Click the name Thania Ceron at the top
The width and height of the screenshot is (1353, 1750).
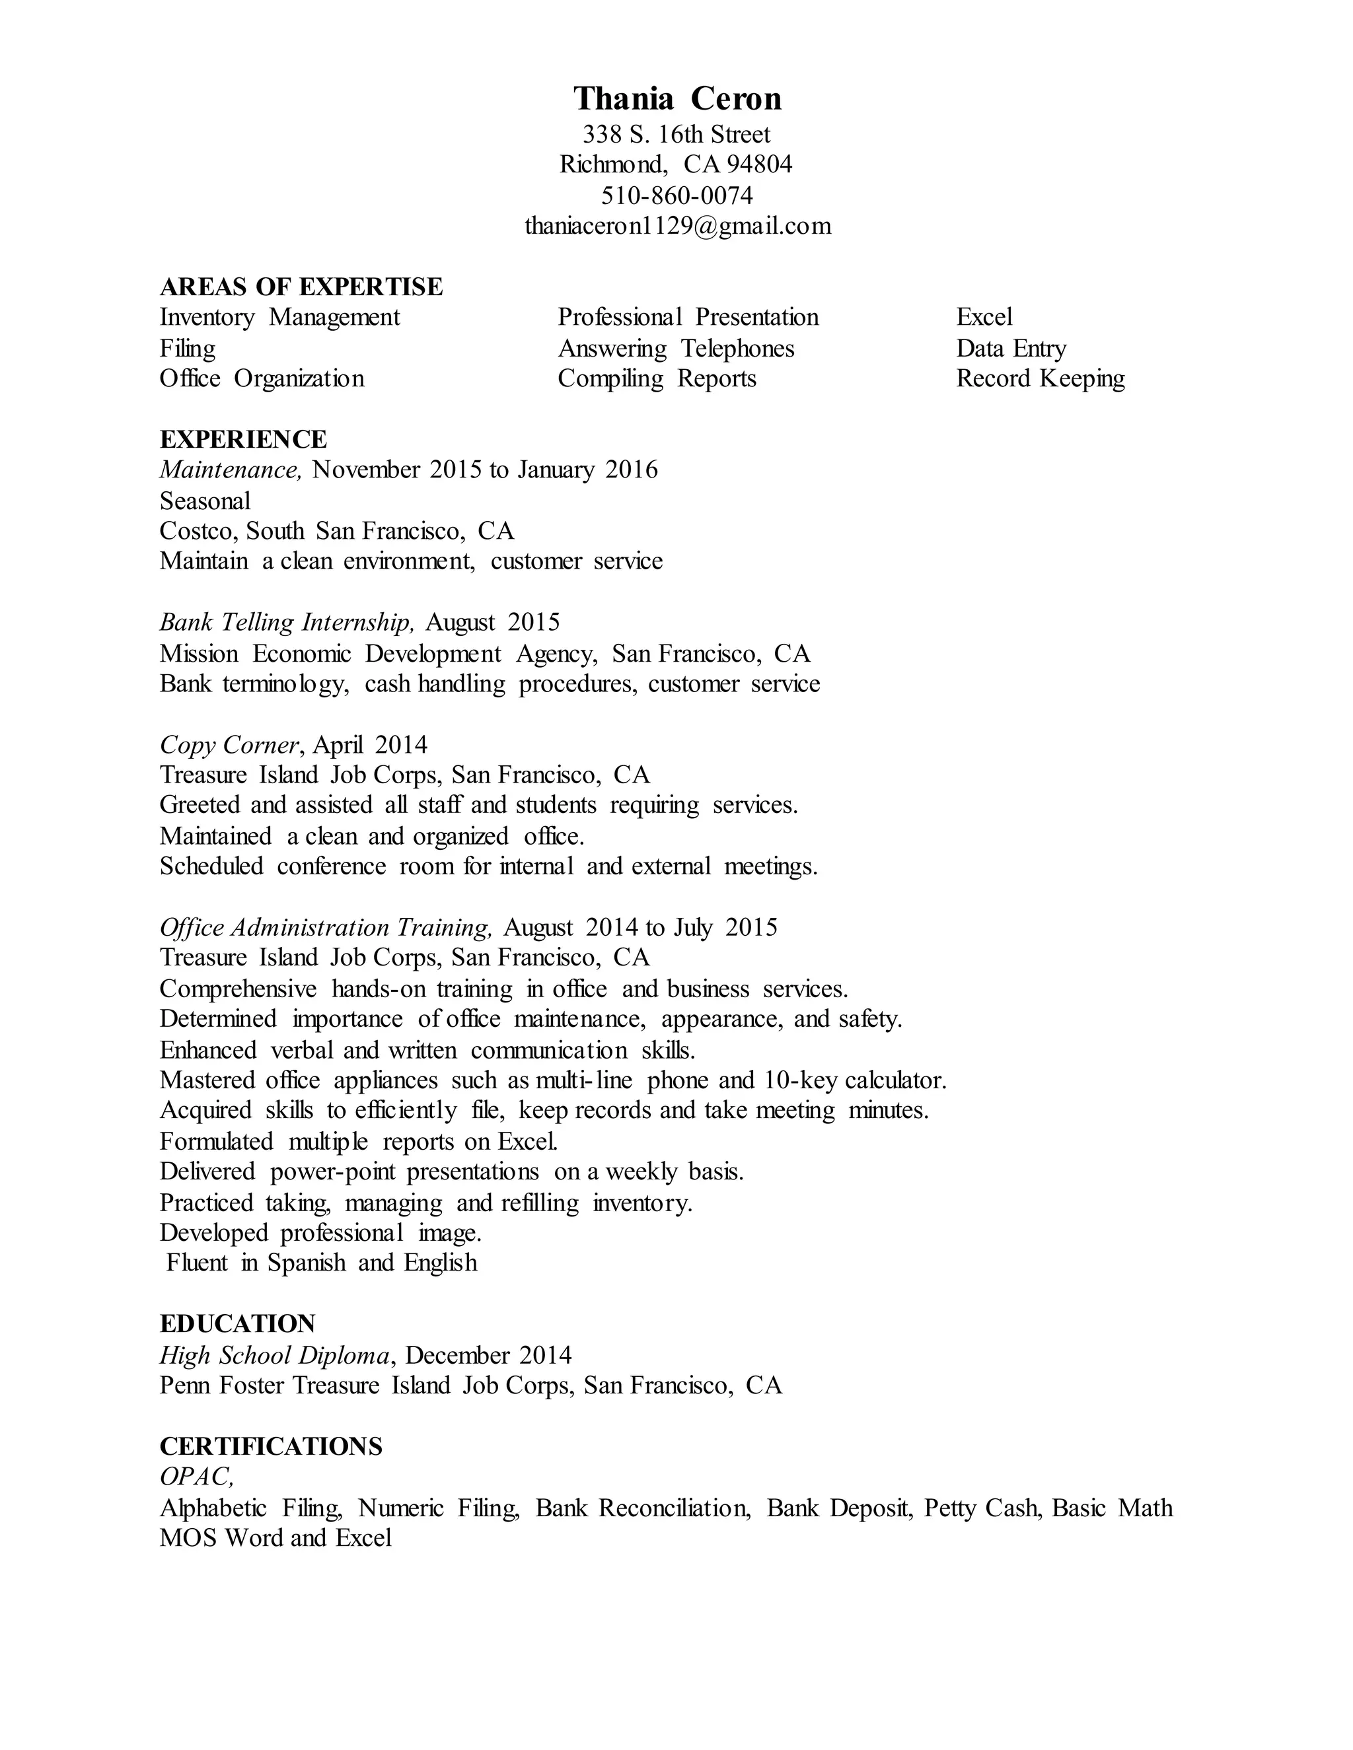pyautogui.click(x=677, y=98)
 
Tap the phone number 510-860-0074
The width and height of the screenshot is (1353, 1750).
pyautogui.click(x=676, y=195)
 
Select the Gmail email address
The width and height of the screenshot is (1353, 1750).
pyautogui.click(x=677, y=226)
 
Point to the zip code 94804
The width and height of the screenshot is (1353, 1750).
pyautogui.click(x=759, y=164)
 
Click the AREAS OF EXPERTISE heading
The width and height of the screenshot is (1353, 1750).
pyautogui.click(x=301, y=287)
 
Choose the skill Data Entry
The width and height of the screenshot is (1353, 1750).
pyautogui.click(x=1011, y=349)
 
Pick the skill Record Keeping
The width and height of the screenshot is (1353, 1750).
pyautogui.click(x=1040, y=378)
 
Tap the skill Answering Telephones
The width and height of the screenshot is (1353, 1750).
pyautogui.click(x=676, y=349)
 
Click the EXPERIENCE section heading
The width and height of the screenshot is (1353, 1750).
pyautogui.click(x=243, y=439)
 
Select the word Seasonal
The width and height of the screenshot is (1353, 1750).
pyautogui.click(x=205, y=501)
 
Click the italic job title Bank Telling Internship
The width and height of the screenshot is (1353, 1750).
pyautogui.click(x=287, y=622)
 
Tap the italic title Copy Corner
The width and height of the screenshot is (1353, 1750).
pyautogui.click(x=229, y=745)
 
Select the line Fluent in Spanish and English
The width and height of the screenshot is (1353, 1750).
pyautogui.click(x=322, y=1263)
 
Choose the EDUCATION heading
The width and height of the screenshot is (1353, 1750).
pyautogui.click(x=237, y=1323)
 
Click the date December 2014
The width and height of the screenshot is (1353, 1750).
pyautogui.click(x=488, y=1355)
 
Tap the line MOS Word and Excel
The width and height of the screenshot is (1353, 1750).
pyautogui.click(x=275, y=1537)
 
